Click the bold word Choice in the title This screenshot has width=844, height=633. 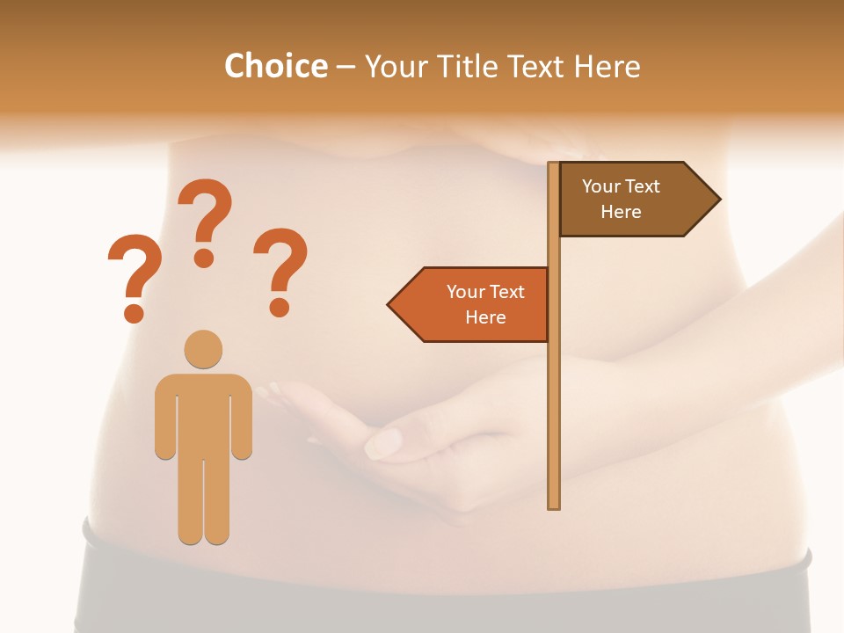click(x=275, y=66)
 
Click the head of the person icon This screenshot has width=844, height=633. click(x=203, y=349)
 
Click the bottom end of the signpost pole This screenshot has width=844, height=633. click(x=554, y=505)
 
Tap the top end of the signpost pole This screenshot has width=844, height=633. click(x=554, y=166)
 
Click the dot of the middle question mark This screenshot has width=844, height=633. click(x=204, y=258)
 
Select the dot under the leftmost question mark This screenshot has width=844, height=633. click(x=134, y=312)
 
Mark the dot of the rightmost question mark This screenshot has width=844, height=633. click(x=280, y=307)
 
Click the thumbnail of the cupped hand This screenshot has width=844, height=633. click(x=383, y=441)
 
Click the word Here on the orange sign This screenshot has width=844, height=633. click(x=485, y=317)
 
